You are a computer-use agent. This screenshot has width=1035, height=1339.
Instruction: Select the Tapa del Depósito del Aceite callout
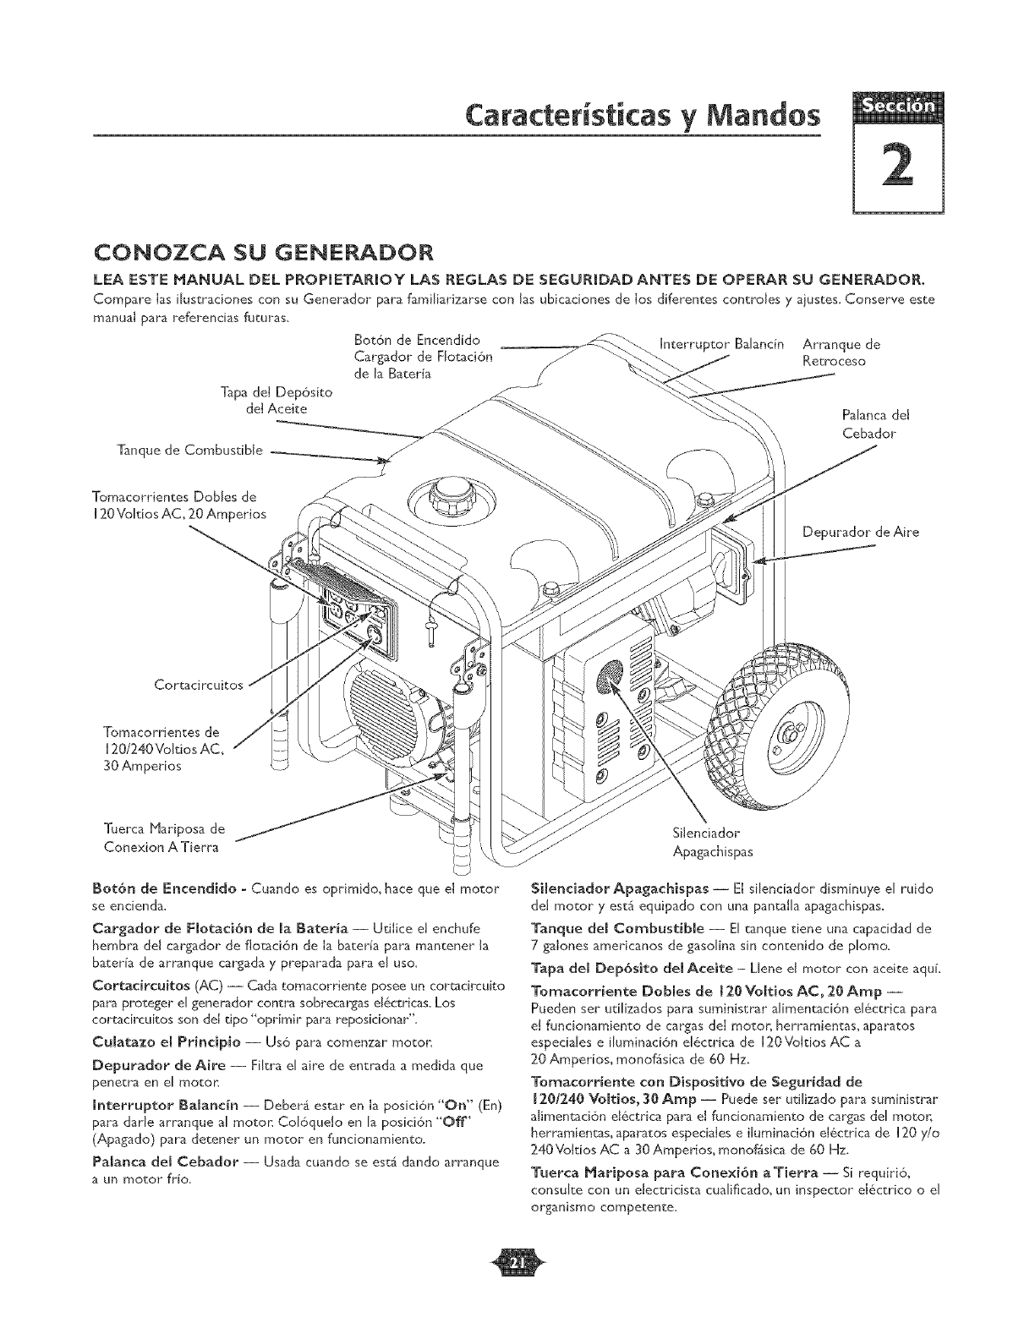click(270, 401)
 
